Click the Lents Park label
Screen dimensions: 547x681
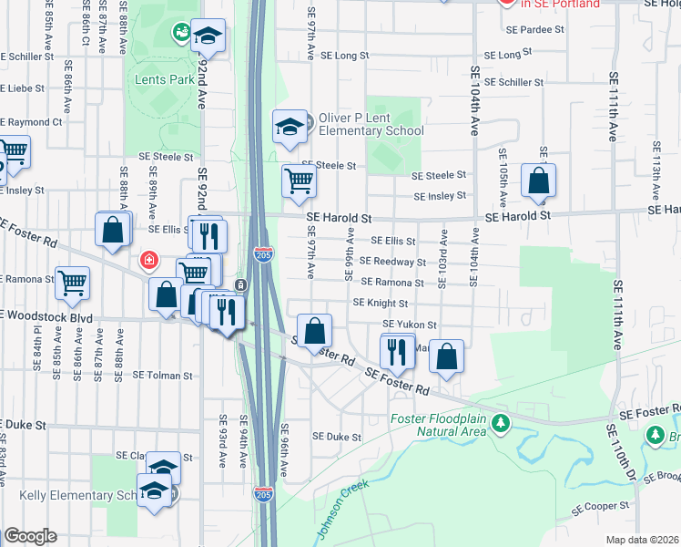click(x=169, y=80)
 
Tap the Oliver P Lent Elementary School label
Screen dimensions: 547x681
click(x=371, y=125)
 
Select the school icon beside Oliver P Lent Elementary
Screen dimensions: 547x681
click(x=290, y=128)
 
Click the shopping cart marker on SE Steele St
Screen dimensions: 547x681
click(x=299, y=181)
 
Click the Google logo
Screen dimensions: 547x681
click(x=30, y=536)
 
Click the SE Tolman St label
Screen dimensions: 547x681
click(x=163, y=375)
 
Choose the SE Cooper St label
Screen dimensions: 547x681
click(x=600, y=505)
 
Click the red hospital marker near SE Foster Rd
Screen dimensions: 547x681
click(x=147, y=263)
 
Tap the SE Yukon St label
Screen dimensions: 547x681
click(x=410, y=324)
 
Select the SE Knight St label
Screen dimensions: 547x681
click(x=380, y=303)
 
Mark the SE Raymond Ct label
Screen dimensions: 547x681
click(x=31, y=121)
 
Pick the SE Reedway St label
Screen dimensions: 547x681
click(x=393, y=262)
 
